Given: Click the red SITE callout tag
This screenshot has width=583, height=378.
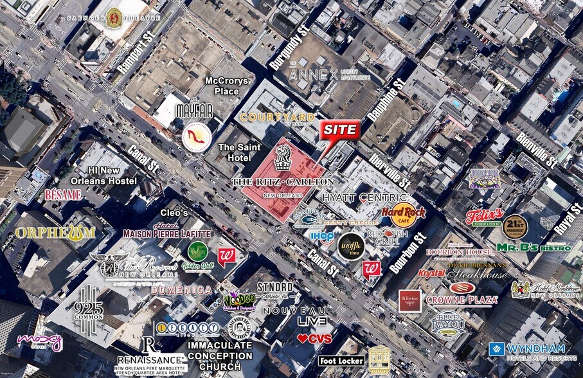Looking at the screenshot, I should click(x=339, y=130).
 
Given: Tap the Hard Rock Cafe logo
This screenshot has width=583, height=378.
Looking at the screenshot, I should click(x=399, y=215).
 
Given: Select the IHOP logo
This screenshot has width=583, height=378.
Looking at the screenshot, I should click(x=322, y=237).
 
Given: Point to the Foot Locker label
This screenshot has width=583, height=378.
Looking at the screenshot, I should click(x=341, y=361).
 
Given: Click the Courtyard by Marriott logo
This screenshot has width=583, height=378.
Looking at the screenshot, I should click(x=278, y=117).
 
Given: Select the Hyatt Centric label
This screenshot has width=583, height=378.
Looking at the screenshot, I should click(x=366, y=197).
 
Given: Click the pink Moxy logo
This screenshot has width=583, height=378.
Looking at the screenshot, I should click(x=39, y=341).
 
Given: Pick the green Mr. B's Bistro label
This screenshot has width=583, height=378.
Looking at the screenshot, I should click(x=534, y=248).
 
